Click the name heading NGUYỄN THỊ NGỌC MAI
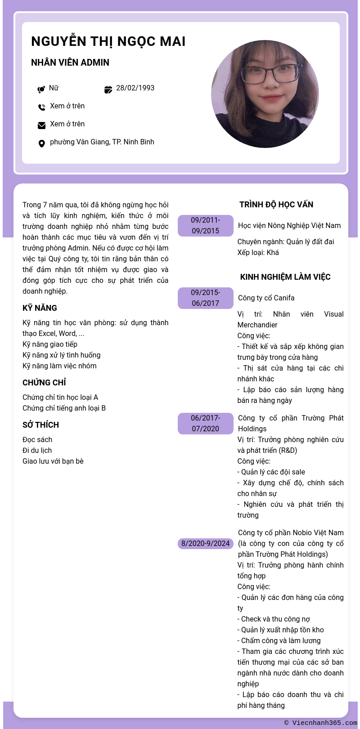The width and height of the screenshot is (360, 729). pyautogui.click(x=108, y=41)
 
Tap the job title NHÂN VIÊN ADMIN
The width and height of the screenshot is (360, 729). pyautogui.click(x=70, y=63)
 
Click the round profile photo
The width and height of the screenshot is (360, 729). pyautogui.click(x=265, y=94)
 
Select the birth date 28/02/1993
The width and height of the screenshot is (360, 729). pyautogui.click(x=135, y=88)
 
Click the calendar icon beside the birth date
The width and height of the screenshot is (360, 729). pyautogui.click(x=108, y=89)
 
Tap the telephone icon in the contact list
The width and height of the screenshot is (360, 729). pyautogui.click(x=41, y=107)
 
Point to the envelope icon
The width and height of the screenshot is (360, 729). pyautogui.click(x=41, y=125)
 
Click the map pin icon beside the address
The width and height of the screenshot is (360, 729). pyautogui.click(x=41, y=143)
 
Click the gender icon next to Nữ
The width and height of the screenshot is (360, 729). pyautogui.click(x=41, y=89)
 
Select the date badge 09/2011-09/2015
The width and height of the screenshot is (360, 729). pyautogui.click(x=205, y=225)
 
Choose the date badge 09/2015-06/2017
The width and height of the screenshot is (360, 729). pyautogui.click(x=205, y=298)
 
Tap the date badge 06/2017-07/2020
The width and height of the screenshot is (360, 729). pyautogui.click(x=205, y=423)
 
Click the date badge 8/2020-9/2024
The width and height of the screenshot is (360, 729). pyautogui.click(x=205, y=543)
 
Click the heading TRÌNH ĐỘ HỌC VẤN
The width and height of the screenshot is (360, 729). pyautogui.click(x=276, y=205)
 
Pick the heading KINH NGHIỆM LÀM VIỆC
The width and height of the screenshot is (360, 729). pyautogui.click(x=285, y=277)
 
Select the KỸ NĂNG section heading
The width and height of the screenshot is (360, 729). pyautogui.click(x=40, y=308)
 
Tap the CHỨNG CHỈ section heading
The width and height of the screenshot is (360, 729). pyautogui.click(x=44, y=383)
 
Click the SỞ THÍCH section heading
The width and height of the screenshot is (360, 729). pyautogui.click(x=40, y=425)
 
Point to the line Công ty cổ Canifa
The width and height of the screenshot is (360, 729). pyautogui.click(x=266, y=298)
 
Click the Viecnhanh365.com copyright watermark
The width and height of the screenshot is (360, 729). pyautogui.click(x=320, y=723)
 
